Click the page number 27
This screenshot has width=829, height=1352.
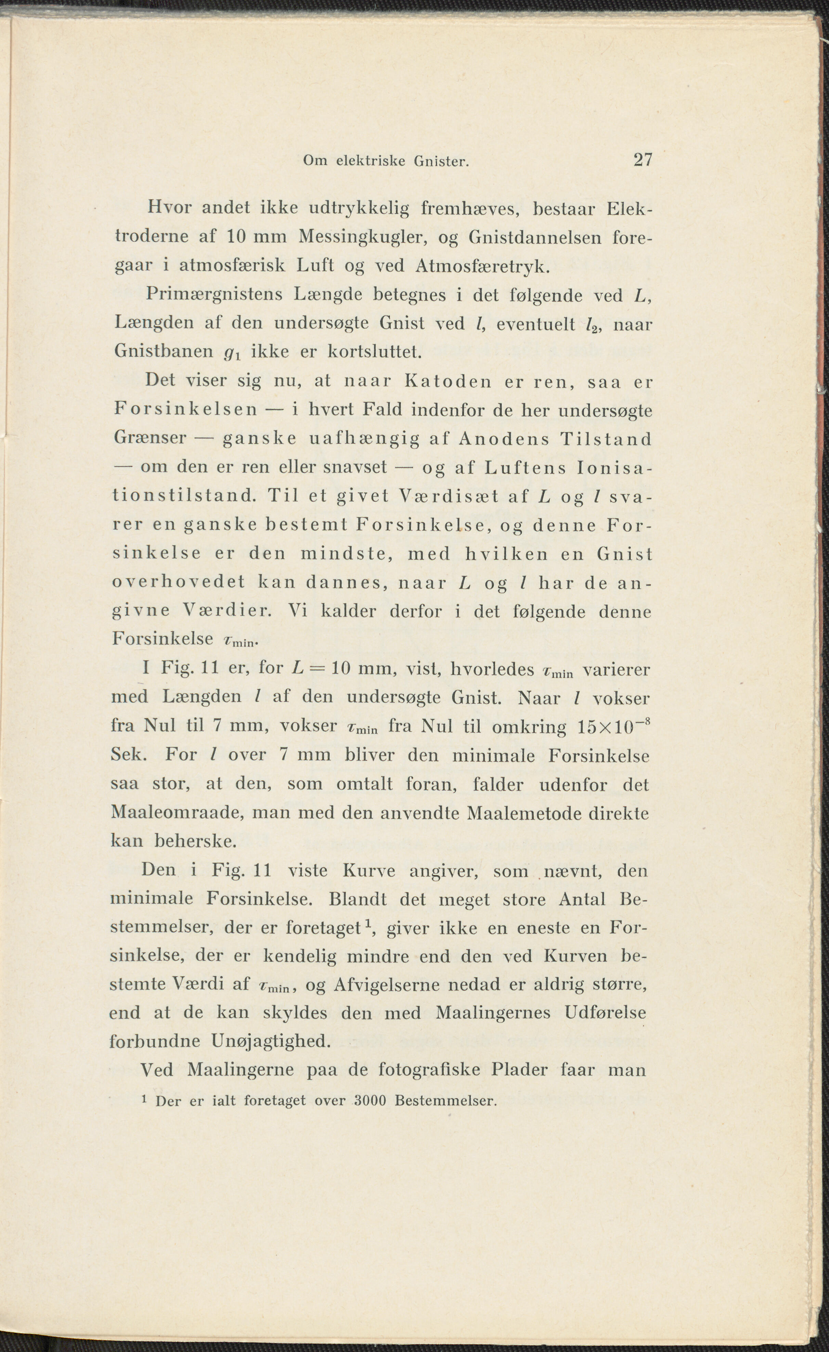click(x=643, y=160)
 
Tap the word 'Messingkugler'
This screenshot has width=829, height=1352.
click(x=363, y=237)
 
